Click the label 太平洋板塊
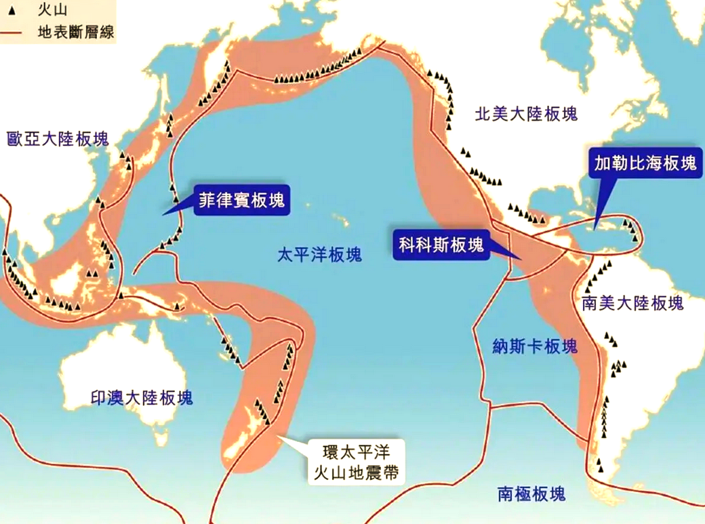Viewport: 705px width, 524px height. [x=319, y=255]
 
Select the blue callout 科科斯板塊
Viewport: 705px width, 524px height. [x=441, y=245]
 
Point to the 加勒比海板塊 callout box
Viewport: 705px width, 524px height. [x=645, y=163]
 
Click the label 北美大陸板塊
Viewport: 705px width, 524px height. [x=526, y=113]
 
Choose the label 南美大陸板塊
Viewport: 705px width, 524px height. [x=632, y=303]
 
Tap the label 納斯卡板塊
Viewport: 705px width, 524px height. [x=535, y=346]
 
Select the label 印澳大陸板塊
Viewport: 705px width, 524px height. [x=142, y=397]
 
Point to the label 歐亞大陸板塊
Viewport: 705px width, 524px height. [x=57, y=140]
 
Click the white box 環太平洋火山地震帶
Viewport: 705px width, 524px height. [x=355, y=461]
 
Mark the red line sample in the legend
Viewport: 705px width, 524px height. [x=15, y=31]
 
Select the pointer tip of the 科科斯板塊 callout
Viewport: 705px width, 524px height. [x=519, y=259]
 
